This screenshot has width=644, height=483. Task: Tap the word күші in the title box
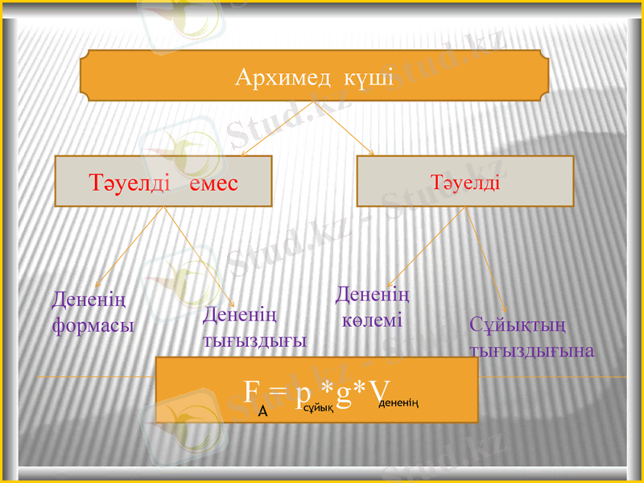(x=369, y=78)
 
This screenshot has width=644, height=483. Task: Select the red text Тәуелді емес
(x=163, y=183)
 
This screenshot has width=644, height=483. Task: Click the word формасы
(x=93, y=326)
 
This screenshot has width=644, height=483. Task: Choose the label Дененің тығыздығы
(x=254, y=327)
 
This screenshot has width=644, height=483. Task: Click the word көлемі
(x=371, y=320)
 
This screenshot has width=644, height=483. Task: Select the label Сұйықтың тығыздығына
(x=531, y=338)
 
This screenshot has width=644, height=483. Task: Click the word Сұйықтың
(x=518, y=325)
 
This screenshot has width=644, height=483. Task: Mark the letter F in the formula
(x=251, y=392)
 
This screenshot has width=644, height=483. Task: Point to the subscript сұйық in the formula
(x=320, y=409)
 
